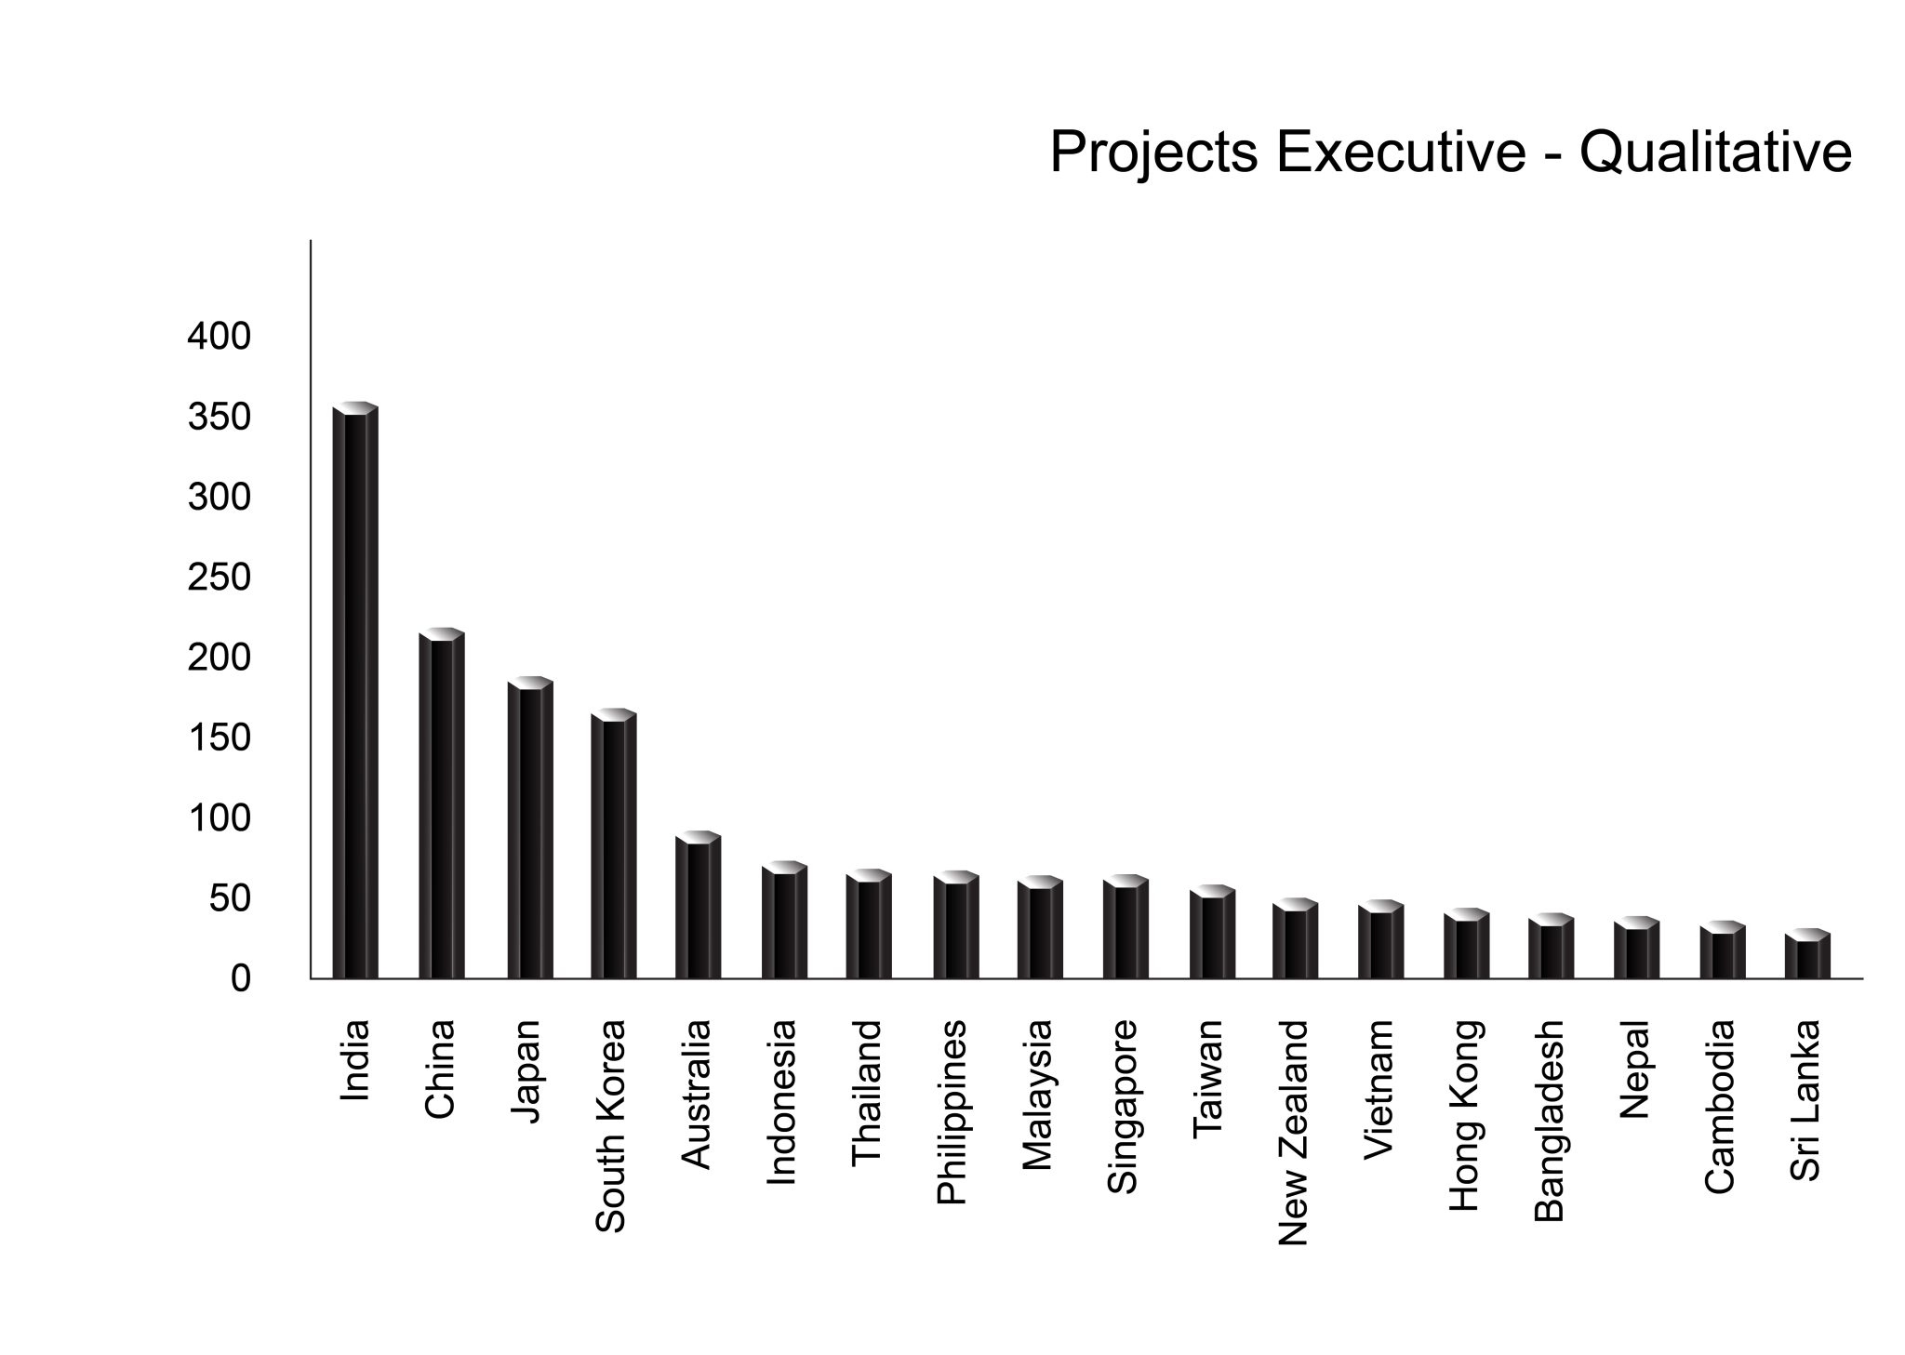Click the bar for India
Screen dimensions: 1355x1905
pos(355,693)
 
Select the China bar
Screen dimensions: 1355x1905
pos(441,805)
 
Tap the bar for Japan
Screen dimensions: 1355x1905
pos(530,830)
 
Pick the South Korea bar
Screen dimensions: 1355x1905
pos(614,845)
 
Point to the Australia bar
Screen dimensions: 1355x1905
pos(698,907)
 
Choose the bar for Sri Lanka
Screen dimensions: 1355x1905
pos(1807,955)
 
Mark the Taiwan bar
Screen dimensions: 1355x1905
pos(1212,934)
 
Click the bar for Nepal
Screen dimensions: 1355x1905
pos(1636,950)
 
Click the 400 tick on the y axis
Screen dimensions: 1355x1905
pos(220,337)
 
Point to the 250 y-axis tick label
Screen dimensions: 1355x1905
pos(220,578)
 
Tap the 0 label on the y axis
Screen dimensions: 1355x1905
pos(241,979)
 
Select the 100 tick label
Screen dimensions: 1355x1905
pos(220,819)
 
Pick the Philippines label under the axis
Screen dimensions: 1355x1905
pos(952,1112)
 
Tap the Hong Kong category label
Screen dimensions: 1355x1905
pos(1465,1116)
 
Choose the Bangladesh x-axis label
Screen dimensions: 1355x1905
pos(1549,1121)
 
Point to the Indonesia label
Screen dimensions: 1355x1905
pos(781,1103)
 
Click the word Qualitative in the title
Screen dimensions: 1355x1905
pos(1715,152)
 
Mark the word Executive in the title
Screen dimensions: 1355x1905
pos(1401,152)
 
